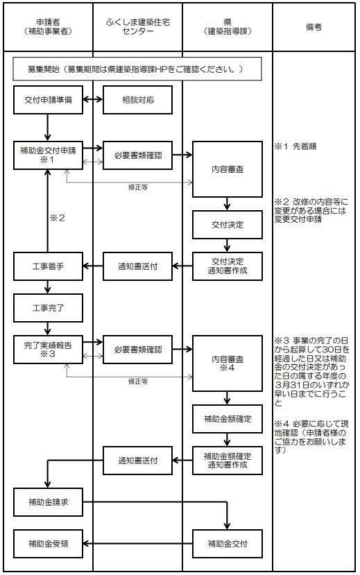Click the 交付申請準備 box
48,100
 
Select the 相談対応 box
137,100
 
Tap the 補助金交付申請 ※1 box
48,155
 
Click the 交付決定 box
228,225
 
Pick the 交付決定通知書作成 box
228,266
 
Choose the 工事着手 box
48,266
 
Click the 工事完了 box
48,308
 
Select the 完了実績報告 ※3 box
48,350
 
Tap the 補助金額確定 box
228,419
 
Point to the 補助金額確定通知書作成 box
228,461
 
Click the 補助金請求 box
48,502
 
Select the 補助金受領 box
48,544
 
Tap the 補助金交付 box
228,544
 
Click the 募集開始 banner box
137,69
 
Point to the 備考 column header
314,27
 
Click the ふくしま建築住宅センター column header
137,27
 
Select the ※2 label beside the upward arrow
57,218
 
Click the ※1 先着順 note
295,146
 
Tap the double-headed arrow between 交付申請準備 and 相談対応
93,99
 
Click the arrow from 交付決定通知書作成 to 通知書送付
182,266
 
